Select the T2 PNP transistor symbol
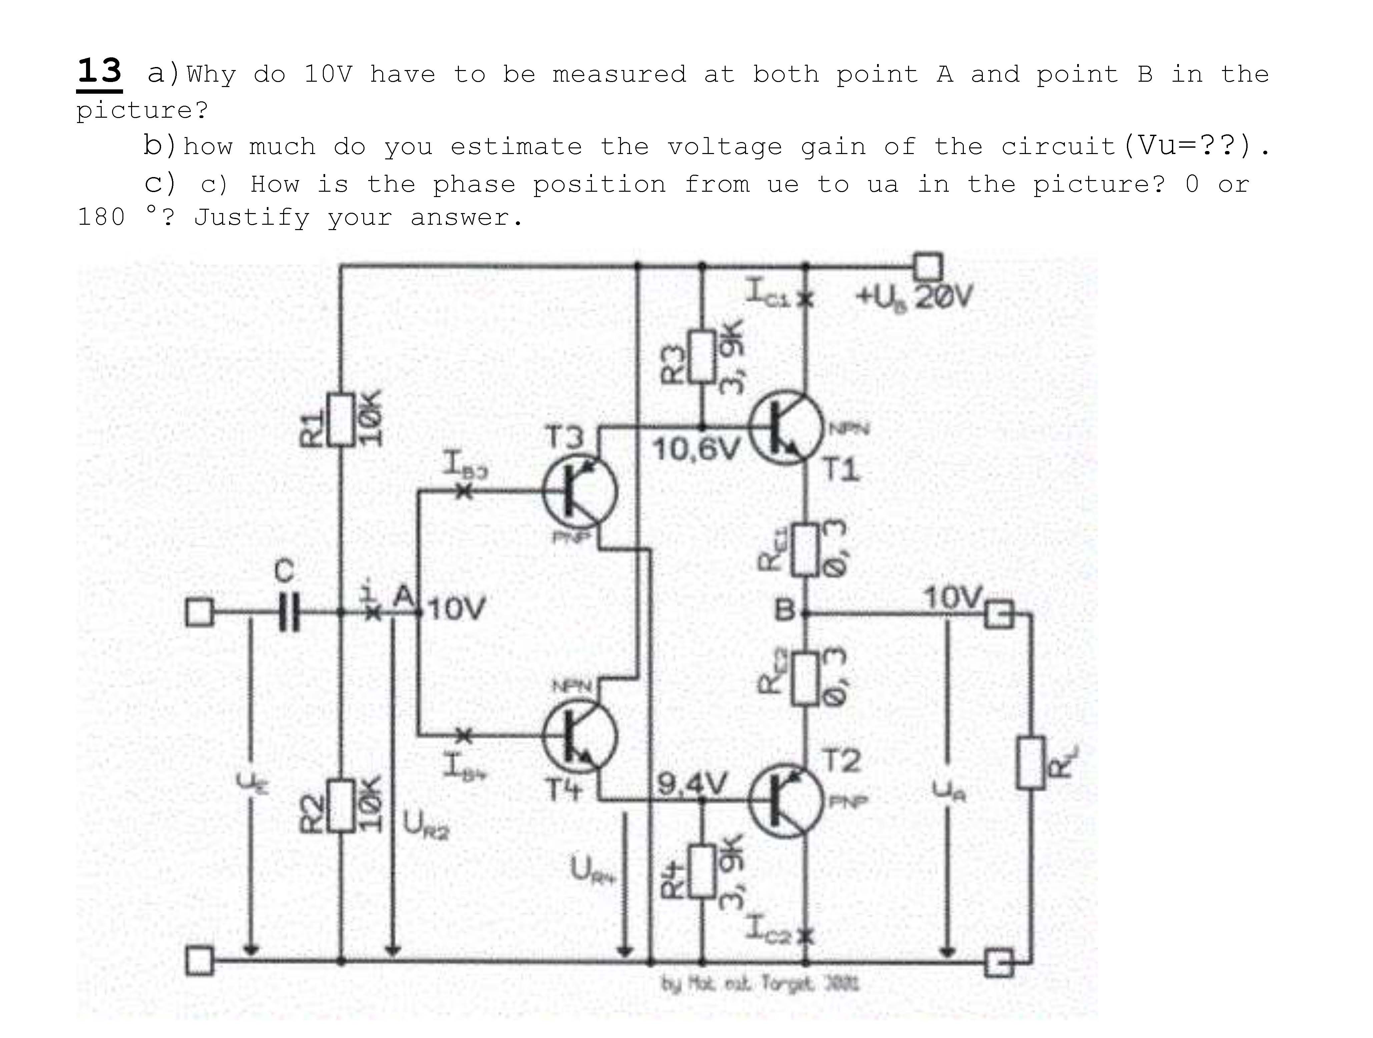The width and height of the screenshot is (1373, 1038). click(x=785, y=800)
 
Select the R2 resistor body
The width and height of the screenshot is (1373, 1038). click(x=341, y=805)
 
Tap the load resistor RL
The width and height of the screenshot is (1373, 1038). click(x=1031, y=762)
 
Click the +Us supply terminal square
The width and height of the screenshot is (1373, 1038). click(x=928, y=267)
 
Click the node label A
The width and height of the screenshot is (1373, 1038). click(x=405, y=597)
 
